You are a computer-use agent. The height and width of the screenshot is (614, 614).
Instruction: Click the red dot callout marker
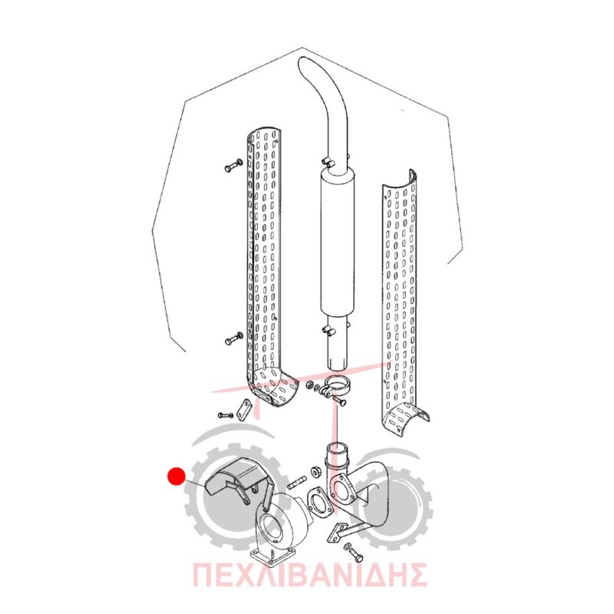pyautogui.click(x=177, y=476)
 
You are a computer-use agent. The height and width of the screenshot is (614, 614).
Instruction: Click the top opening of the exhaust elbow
pyautogui.click(x=338, y=447)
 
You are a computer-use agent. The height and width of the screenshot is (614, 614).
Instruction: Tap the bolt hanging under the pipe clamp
pyautogui.click(x=339, y=400)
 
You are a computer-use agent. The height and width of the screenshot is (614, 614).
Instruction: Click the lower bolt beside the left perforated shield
pyautogui.click(x=234, y=338)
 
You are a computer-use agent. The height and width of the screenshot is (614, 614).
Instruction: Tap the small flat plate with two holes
pyautogui.click(x=243, y=410)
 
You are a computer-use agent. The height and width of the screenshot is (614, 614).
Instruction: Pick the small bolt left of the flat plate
pyautogui.click(x=226, y=414)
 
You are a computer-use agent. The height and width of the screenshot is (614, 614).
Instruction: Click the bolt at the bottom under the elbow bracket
pyautogui.click(x=353, y=553)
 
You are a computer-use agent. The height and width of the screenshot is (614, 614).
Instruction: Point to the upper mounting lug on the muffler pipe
pyautogui.click(x=328, y=162)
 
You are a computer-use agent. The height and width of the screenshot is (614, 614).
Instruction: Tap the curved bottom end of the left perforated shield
pyautogui.click(x=274, y=387)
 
